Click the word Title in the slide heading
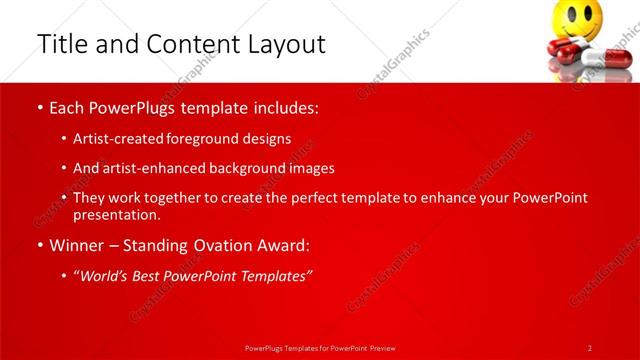pyautogui.click(x=62, y=44)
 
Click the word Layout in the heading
pyautogui.click(x=284, y=45)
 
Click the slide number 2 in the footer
pyautogui.click(x=590, y=347)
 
